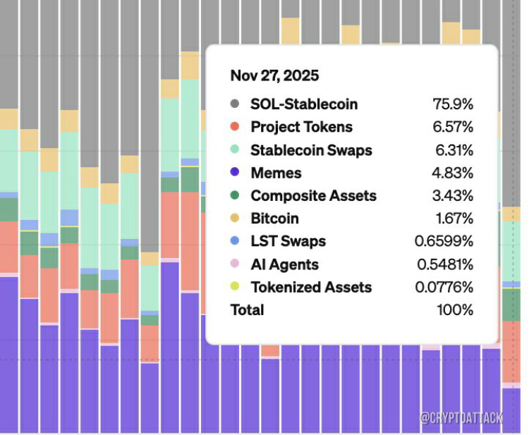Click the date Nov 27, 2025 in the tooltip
coord(274,75)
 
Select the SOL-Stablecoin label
coord(304,104)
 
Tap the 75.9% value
coord(453,104)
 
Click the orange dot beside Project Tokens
coord(235,128)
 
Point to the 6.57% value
coord(453,128)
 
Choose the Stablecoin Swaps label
coord(311,150)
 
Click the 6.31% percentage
coord(453,150)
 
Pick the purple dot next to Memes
coord(235,173)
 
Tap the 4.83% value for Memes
coord(453,173)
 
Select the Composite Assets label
coord(313,196)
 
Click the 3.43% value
coord(453,196)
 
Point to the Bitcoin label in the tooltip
coord(274,219)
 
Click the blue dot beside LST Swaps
coord(235,241)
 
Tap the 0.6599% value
coord(444,241)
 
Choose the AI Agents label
coord(284,264)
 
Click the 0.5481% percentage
coord(444,264)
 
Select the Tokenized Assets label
coord(311,287)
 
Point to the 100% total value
coord(455,310)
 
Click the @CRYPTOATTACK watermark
coord(461,418)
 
